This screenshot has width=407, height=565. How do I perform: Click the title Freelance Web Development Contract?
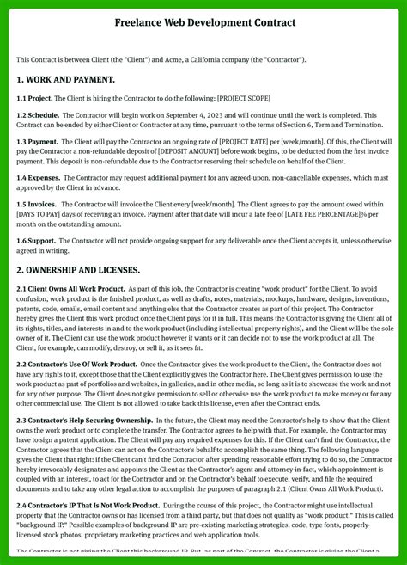coord(204,22)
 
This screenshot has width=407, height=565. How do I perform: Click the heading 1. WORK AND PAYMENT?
coord(65,79)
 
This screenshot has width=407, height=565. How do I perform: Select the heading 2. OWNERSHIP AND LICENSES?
coord(78,270)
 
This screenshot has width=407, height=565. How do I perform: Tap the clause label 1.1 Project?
coord(35,98)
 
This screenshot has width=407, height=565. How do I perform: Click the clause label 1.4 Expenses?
coord(39,178)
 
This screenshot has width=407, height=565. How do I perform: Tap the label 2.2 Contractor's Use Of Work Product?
coord(77,365)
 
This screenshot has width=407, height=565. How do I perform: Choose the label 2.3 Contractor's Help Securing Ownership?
coord(84,421)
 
